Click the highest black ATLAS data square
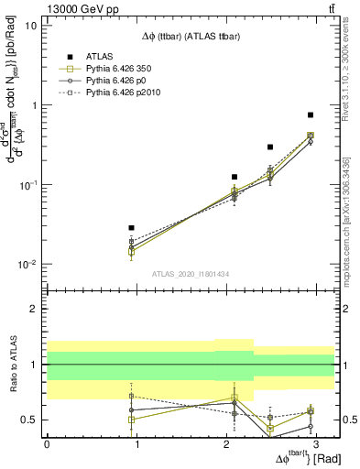(x=311, y=115)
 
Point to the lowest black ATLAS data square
(x=132, y=227)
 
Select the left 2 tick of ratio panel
(x=35, y=309)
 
